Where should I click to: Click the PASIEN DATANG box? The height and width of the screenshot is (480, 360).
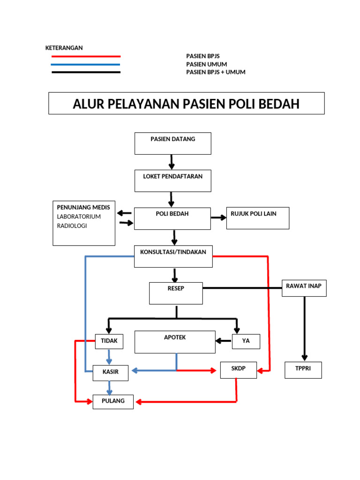pyautogui.click(x=172, y=143)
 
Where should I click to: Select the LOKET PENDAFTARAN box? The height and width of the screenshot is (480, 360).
pyautogui.click(x=172, y=181)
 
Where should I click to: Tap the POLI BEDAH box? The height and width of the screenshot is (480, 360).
pyautogui.click(x=172, y=218)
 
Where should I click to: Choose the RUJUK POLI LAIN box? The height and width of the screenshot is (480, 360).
pyautogui.click(x=257, y=218)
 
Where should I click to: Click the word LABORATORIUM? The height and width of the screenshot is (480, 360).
pyautogui.click(x=79, y=217)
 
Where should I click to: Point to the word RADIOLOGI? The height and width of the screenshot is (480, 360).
pyautogui.click(x=72, y=226)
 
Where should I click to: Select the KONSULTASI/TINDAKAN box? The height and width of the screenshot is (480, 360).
pyautogui.click(x=173, y=256)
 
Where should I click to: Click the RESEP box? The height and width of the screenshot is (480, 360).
pyautogui.click(x=176, y=293)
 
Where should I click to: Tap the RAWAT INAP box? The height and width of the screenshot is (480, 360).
pyautogui.click(x=304, y=288)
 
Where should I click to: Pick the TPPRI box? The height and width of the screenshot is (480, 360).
pyautogui.click(x=303, y=370)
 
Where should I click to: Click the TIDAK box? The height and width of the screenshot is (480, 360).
pyautogui.click(x=109, y=341)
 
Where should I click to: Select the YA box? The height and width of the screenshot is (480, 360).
pyautogui.click(x=246, y=341)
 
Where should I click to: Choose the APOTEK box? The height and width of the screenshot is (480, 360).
pyautogui.click(x=175, y=342)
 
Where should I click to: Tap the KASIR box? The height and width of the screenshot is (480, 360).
pyautogui.click(x=111, y=372)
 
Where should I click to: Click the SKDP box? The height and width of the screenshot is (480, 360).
pyautogui.click(x=238, y=370)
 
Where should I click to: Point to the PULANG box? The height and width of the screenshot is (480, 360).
pyautogui.click(x=113, y=402)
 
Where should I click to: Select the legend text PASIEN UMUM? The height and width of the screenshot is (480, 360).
pyautogui.click(x=207, y=64)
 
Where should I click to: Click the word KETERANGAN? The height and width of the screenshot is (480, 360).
pyautogui.click(x=64, y=48)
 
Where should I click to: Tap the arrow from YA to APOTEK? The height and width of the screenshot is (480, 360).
pyautogui.click(x=224, y=340)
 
